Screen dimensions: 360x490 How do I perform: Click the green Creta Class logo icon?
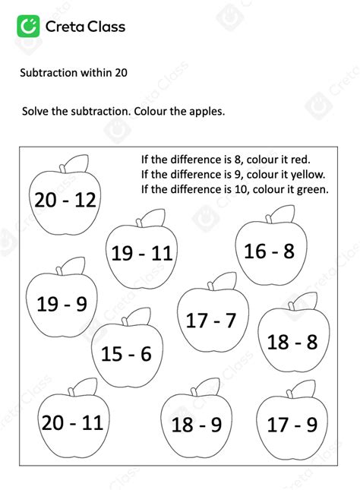29,27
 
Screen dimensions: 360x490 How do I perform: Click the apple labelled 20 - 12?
65,200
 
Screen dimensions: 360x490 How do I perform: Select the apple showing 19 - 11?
142,253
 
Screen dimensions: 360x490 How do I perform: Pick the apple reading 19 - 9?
62,304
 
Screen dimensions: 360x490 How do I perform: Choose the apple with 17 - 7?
211,320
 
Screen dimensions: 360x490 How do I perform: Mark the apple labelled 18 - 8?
292,342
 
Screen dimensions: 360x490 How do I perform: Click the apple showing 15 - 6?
126,353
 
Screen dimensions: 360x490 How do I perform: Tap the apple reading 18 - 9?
196,425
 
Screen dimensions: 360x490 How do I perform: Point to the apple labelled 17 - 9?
292,425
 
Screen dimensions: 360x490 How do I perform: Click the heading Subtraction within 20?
73,73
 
